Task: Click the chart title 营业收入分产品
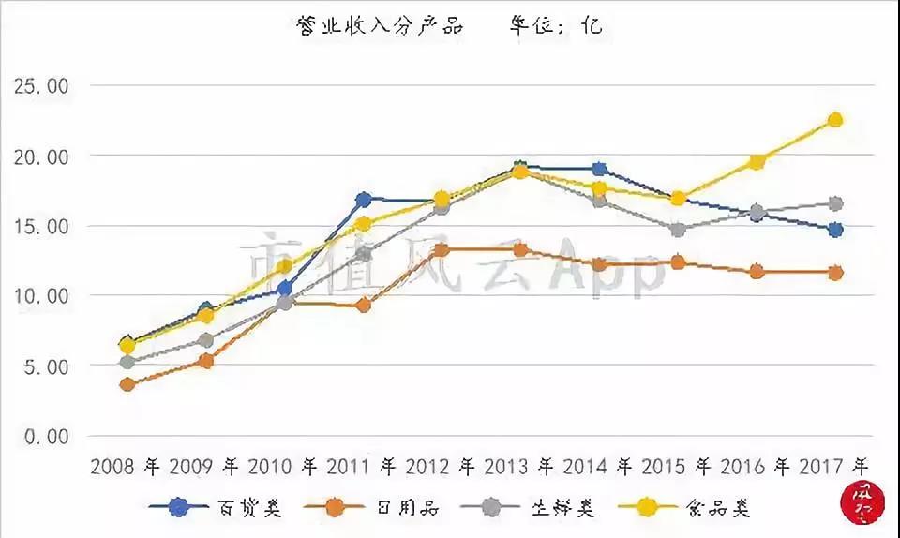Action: click(x=380, y=26)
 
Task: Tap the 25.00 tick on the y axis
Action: click(x=43, y=86)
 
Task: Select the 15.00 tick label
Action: click(x=43, y=226)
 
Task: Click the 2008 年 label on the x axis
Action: click(x=127, y=465)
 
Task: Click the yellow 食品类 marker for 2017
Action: click(x=834, y=120)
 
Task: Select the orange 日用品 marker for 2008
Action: click(x=127, y=384)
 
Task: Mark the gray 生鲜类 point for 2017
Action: click(x=834, y=203)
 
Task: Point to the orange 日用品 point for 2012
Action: click(x=442, y=250)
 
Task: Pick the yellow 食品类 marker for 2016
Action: click(x=756, y=162)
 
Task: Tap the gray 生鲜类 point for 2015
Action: click(x=678, y=230)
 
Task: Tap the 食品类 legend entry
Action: click(x=722, y=507)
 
